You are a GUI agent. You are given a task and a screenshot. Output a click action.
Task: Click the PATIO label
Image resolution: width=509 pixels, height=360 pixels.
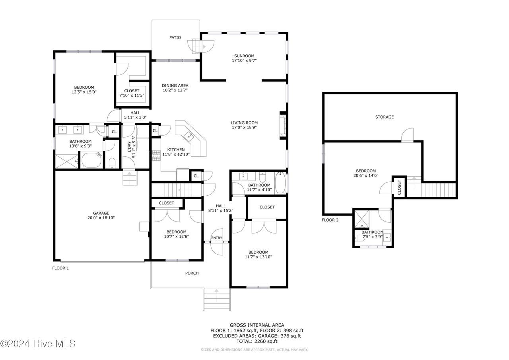(175, 37)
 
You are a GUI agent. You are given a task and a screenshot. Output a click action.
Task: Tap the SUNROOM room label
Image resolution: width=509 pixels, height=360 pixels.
(244, 56)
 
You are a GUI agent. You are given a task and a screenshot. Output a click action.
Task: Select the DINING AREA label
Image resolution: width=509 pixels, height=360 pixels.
(175, 86)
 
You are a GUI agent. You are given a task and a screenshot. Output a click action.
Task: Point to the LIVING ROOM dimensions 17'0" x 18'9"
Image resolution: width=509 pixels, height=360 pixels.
(244, 128)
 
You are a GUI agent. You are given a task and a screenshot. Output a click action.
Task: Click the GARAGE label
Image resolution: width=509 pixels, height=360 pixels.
(101, 213)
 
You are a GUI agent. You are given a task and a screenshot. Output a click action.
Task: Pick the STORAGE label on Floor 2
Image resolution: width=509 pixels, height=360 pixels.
(384, 117)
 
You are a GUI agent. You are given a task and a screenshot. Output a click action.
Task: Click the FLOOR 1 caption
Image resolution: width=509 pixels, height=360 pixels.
(60, 268)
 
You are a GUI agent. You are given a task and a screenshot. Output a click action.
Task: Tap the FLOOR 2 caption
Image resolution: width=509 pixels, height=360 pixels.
(330, 220)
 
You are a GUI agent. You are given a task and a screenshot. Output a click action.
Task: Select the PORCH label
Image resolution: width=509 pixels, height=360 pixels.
(192, 273)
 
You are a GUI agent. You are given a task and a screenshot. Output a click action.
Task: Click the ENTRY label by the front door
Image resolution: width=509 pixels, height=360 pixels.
(217, 238)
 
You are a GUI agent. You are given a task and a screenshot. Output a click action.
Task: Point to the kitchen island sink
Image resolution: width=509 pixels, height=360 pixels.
(189, 136)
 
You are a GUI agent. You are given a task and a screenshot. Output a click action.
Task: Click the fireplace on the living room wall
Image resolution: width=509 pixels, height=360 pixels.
(283, 125)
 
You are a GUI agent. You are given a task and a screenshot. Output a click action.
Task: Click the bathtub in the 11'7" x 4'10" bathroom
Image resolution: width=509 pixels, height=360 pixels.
(280, 183)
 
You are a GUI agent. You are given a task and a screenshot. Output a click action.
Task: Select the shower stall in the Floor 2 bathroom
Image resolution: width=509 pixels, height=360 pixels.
(362, 219)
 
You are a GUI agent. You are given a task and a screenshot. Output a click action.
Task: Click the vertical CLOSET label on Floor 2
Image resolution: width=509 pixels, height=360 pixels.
(399, 187)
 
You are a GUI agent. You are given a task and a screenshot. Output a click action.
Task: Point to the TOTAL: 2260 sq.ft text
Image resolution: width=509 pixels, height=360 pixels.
(257, 341)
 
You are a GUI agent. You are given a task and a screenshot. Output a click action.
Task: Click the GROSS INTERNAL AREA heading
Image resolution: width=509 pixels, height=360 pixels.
(257, 325)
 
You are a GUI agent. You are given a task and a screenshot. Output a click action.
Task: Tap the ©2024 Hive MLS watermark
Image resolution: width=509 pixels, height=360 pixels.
(38, 344)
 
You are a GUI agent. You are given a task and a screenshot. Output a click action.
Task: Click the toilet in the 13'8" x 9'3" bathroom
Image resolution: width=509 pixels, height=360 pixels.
(112, 163)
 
